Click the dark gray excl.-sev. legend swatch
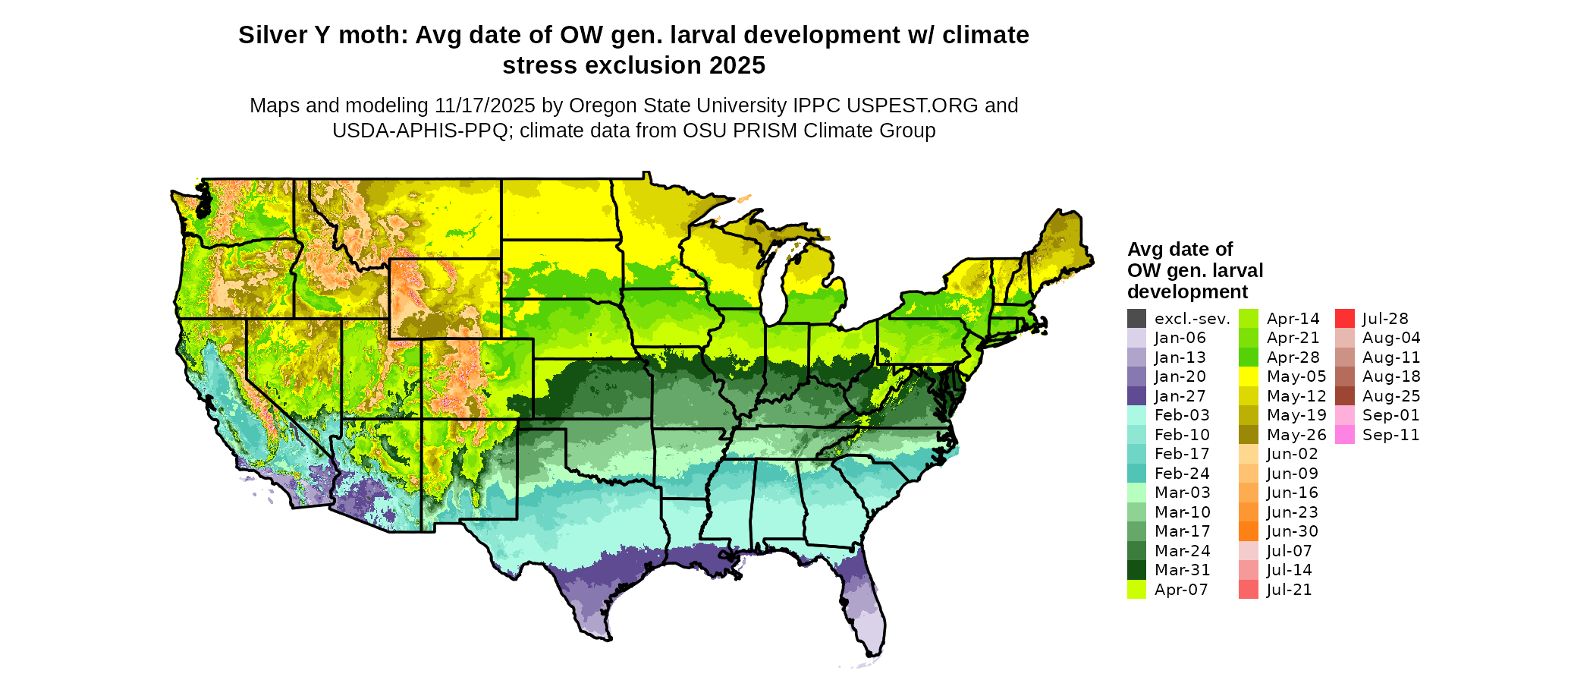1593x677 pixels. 1136,319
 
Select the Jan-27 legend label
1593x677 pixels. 1180,396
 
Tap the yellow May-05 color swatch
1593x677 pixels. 1249,376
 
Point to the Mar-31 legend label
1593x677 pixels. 1182,570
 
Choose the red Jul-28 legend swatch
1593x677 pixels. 1344,319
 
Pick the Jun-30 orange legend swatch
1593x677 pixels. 1249,531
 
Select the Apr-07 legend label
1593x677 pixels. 1181,590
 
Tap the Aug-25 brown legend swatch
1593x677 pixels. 1344,396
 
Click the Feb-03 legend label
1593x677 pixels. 1182,415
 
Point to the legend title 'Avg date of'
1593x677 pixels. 1180,250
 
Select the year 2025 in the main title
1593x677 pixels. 737,66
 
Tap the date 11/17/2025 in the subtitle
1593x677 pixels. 485,105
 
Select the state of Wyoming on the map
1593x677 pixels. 445,298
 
